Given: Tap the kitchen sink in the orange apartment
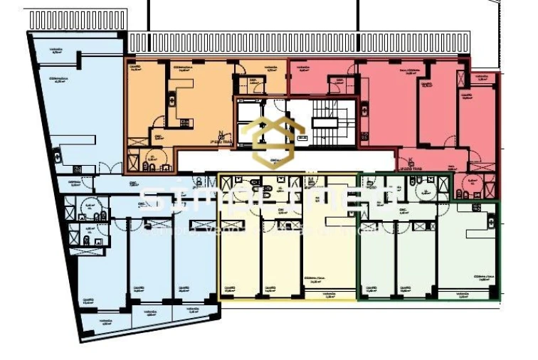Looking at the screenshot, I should [x=186, y=123].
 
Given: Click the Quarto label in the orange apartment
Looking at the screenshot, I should [x=134, y=69].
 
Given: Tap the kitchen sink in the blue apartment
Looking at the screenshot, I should [x=78, y=169].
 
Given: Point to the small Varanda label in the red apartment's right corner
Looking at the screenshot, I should [x=485, y=78].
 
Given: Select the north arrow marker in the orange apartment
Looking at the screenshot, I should [x=223, y=134].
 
